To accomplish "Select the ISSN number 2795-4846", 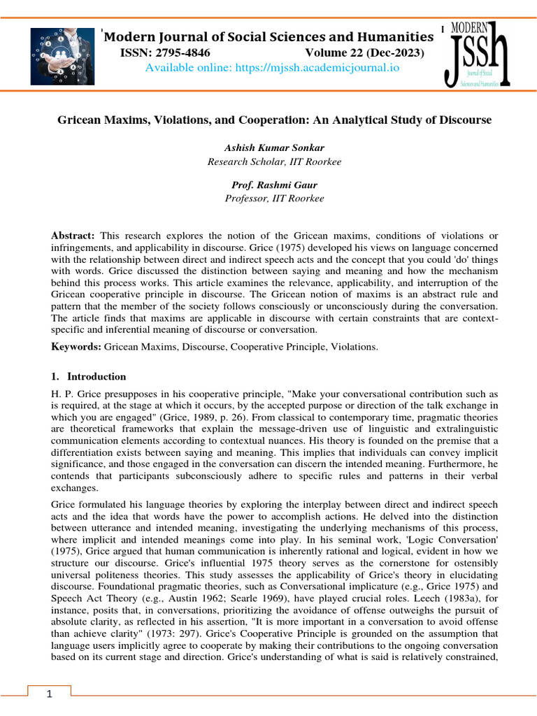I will pyautogui.click(x=166, y=53).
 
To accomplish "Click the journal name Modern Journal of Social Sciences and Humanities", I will pyautogui.click(x=269, y=37).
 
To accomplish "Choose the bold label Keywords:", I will pyautogui.click(x=77, y=347).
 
